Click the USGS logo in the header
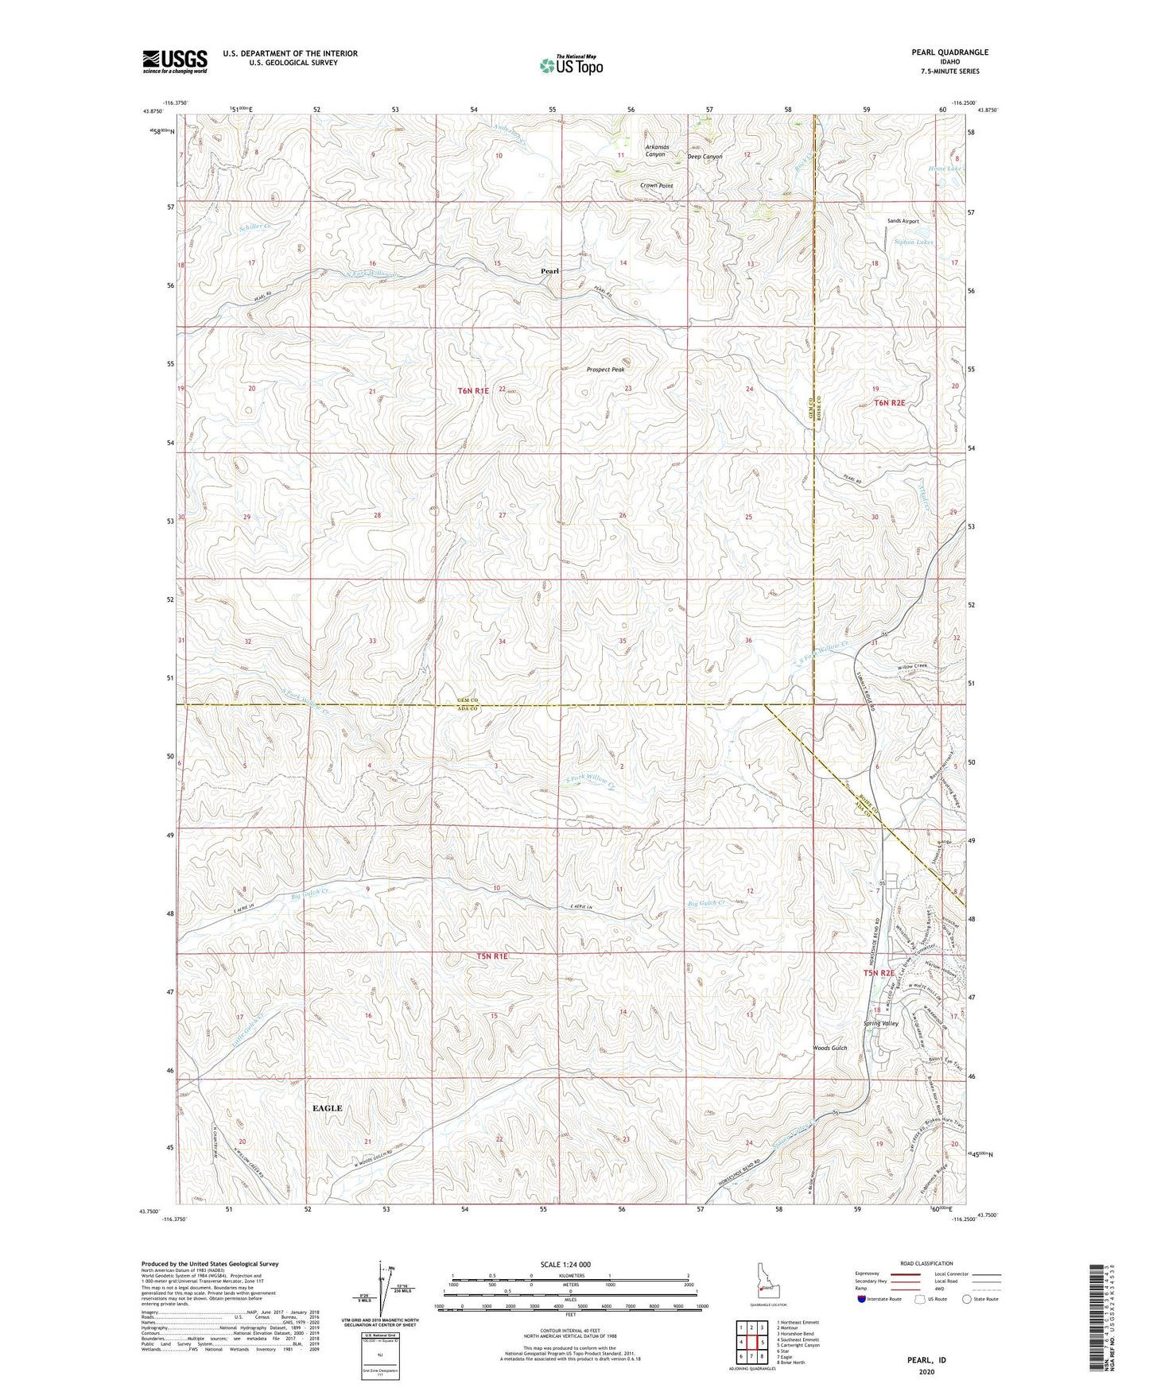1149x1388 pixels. coord(175,61)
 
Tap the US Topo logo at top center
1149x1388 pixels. coord(571,66)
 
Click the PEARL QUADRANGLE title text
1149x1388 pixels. coord(950,52)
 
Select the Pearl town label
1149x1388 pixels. coord(549,271)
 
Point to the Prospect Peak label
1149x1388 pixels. coord(606,370)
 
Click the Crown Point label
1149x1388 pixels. coord(657,186)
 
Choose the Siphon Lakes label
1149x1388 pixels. coord(914,242)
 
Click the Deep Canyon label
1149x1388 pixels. coord(705,157)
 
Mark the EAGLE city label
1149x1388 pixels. coord(327,1108)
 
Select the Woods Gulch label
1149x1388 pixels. coord(830,1048)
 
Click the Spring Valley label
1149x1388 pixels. coord(881,1023)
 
